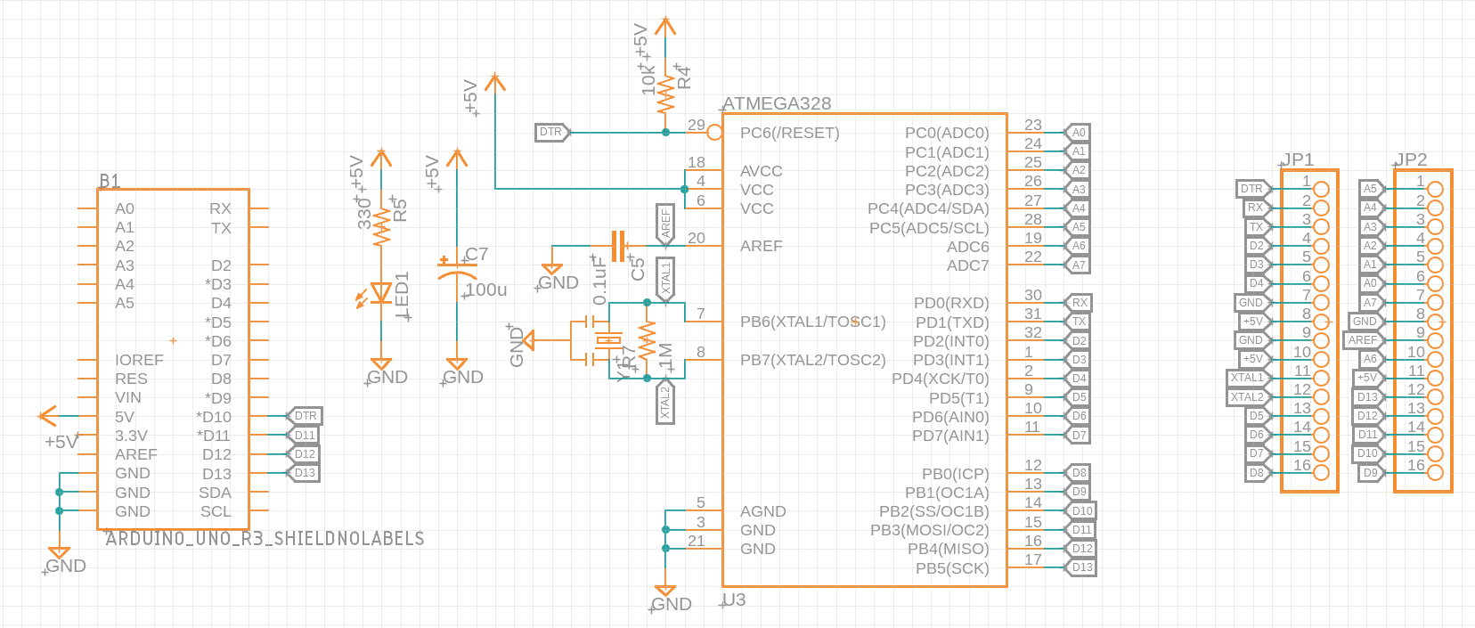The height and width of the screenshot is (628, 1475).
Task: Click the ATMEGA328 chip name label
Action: coord(777,103)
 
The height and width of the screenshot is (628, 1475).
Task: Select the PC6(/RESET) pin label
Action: coord(789,133)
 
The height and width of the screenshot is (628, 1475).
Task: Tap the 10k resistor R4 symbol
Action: coord(665,92)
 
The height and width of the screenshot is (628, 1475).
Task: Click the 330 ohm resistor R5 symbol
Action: coord(381,227)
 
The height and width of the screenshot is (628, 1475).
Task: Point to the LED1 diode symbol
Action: coord(381,293)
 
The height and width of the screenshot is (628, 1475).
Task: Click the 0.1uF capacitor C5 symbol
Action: coord(618,246)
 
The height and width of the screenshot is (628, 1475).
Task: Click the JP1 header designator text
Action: coord(1298,159)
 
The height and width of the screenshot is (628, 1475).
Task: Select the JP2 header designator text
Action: coord(1411,159)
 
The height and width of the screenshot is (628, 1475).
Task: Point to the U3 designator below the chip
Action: coord(734,599)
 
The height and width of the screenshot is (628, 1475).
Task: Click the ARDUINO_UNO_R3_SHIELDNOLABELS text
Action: coord(265,538)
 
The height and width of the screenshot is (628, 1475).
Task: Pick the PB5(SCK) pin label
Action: coord(952,568)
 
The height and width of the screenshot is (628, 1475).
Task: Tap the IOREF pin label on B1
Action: coord(139,360)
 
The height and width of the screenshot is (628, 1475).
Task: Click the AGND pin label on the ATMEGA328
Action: coord(762,511)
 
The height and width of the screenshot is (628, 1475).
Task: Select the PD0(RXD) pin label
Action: coord(951,303)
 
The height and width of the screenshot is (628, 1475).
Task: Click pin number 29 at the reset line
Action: coord(696,126)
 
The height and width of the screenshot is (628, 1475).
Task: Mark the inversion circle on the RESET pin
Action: coord(714,133)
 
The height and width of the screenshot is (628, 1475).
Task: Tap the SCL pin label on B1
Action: coord(216,511)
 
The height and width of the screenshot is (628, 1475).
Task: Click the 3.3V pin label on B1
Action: coord(131,436)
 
